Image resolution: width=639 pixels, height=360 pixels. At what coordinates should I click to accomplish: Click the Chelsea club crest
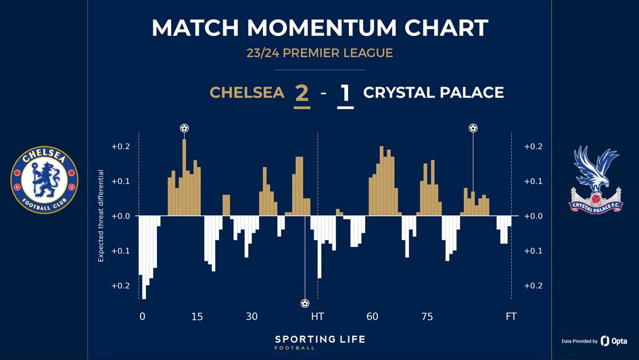[x=45, y=179]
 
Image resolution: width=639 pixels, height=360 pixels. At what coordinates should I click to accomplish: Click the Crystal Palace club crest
[x=596, y=180]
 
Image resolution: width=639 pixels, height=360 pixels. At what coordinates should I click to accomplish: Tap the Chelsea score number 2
[x=302, y=93]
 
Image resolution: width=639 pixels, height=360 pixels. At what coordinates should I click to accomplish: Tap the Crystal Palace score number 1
[x=346, y=93]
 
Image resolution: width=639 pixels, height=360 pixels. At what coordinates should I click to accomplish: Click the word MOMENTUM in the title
[x=319, y=28]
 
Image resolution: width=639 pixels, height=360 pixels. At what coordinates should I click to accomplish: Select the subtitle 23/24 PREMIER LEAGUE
[x=319, y=53]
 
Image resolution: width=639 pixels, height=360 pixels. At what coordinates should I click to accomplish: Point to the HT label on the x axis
[x=317, y=317]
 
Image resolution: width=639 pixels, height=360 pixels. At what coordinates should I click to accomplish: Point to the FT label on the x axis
[x=511, y=317]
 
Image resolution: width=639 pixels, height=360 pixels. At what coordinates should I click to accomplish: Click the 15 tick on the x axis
[x=197, y=317]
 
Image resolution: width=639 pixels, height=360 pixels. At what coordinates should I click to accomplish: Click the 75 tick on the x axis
[x=427, y=317]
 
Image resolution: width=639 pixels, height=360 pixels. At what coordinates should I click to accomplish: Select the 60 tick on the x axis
[x=372, y=317]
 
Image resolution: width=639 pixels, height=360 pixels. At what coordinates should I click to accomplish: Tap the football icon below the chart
[x=305, y=303]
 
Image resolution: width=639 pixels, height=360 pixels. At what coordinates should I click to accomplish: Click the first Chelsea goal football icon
[x=185, y=128]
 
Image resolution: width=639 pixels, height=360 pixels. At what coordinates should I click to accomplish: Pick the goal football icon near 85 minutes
[x=473, y=128]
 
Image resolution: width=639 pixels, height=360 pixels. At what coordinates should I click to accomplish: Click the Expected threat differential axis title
[x=101, y=217]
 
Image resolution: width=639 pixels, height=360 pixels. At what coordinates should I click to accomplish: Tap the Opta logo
[x=614, y=341]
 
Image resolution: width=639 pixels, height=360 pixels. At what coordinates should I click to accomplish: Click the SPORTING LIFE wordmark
[x=320, y=338]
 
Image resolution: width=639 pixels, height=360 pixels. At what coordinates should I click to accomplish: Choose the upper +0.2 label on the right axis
[x=533, y=147]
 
